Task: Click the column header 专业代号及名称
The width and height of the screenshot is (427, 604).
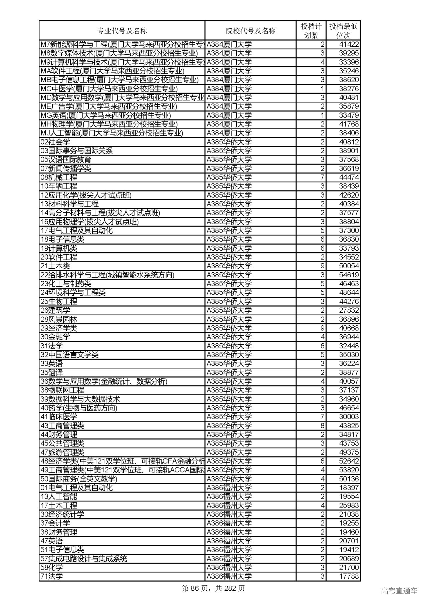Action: click(122, 31)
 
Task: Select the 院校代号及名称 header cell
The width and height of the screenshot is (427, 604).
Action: click(251, 31)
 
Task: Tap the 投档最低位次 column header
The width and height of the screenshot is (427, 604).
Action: click(343, 31)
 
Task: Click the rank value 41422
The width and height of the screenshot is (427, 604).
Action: click(348, 44)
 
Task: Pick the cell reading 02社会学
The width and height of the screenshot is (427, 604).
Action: click(55, 142)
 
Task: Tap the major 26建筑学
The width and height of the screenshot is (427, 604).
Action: click(55, 310)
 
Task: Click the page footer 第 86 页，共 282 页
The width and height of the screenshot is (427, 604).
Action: click(213, 588)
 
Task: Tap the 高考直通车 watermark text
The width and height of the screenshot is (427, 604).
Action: click(399, 591)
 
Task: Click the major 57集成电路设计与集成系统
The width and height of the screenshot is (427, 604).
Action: click(84, 559)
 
